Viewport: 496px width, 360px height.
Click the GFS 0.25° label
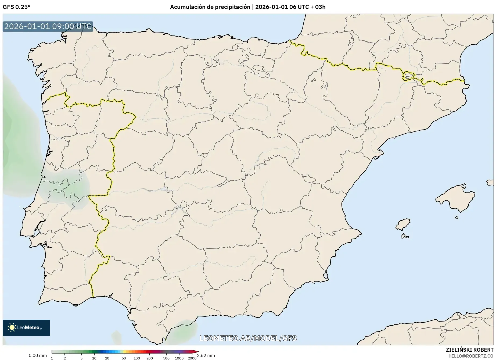tap(16, 7)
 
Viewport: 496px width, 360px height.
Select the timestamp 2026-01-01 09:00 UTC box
tap(48, 27)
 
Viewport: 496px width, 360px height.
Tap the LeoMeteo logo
tap(26, 327)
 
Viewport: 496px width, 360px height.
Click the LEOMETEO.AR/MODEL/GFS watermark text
tap(248, 338)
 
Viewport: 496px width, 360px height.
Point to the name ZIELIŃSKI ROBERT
tap(469, 350)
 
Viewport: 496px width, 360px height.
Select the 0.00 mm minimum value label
tap(38, 355)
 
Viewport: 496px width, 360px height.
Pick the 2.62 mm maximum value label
tap(206, 355)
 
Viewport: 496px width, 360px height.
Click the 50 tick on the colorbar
tap(124, 358)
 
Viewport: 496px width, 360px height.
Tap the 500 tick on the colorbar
tap(166, 358)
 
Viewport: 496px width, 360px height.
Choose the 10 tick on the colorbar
tap(94, 358)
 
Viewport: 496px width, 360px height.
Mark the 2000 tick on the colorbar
tap(192, 358)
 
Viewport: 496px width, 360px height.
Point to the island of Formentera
tap(405, 237)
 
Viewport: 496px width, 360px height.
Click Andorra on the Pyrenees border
tap(408, 76)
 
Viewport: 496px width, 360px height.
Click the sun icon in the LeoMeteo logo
tap(12, 327)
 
